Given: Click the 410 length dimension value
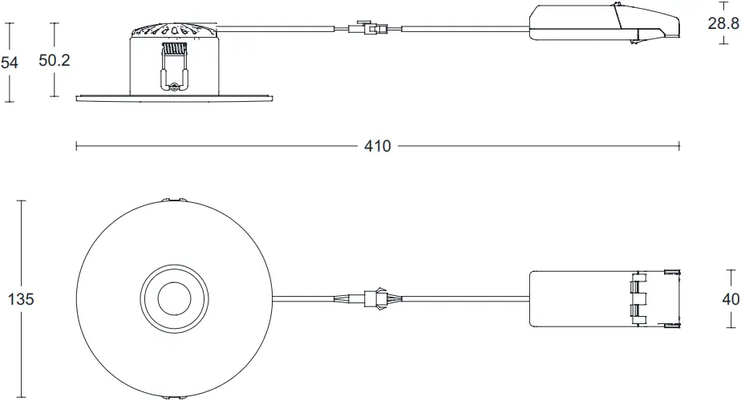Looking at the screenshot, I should tap(377, 147).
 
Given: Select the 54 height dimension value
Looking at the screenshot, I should tap(10, 63).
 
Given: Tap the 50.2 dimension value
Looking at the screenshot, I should tap(55, 62).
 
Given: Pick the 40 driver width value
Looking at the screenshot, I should tap(730, 299).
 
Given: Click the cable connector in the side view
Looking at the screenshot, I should tap(368, 30).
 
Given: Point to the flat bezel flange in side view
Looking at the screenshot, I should tap(173, 98).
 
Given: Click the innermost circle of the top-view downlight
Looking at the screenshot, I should tap(173, 299).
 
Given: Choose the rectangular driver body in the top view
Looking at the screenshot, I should tap(577, 298).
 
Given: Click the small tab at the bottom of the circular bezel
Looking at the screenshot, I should tap(173, 396).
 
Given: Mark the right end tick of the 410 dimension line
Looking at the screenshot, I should tap(679, 147).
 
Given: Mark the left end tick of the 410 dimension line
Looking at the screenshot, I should tap(76, 147).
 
